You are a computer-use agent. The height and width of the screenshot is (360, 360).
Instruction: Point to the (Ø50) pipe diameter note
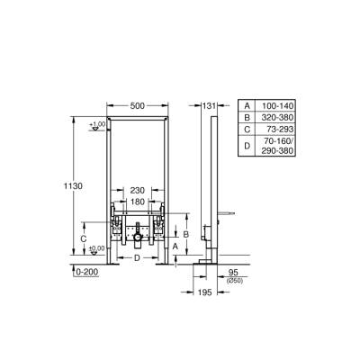[233, 282]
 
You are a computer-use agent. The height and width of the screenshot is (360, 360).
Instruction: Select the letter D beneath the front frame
[136, 258]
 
